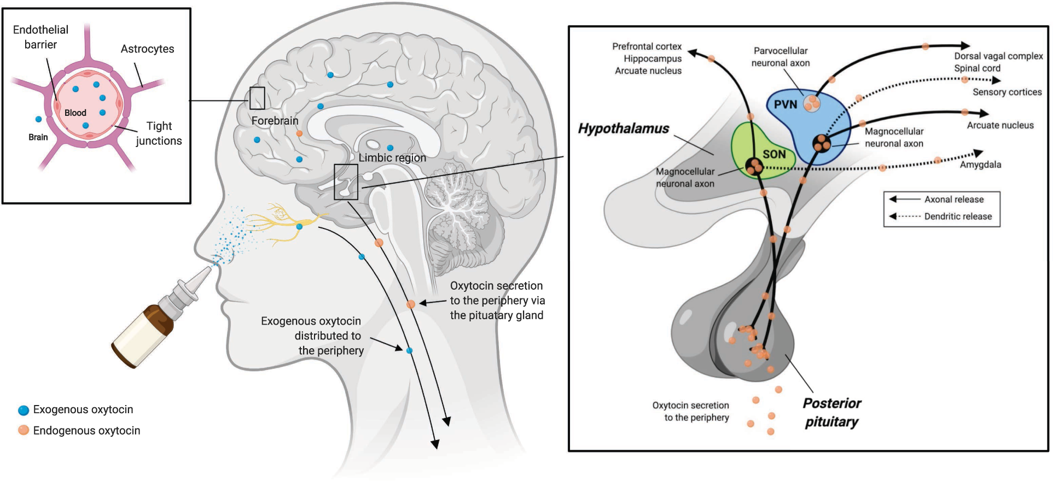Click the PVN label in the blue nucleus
point(785,104)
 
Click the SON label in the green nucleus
point(774,155)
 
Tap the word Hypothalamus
point(624,129)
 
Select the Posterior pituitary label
point(831,413)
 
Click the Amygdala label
point(980,165)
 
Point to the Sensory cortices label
point(1007,92)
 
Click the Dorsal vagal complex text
point(998,56)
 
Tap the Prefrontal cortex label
point(647,46)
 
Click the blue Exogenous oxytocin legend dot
point(24,410)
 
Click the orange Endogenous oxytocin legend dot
point(24,430)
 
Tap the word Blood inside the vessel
point(75,113)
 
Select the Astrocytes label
point(147,49)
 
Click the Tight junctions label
point(159,133)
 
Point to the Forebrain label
point(275,121)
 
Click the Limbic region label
point(392,158)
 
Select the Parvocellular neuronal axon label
point(781,57)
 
